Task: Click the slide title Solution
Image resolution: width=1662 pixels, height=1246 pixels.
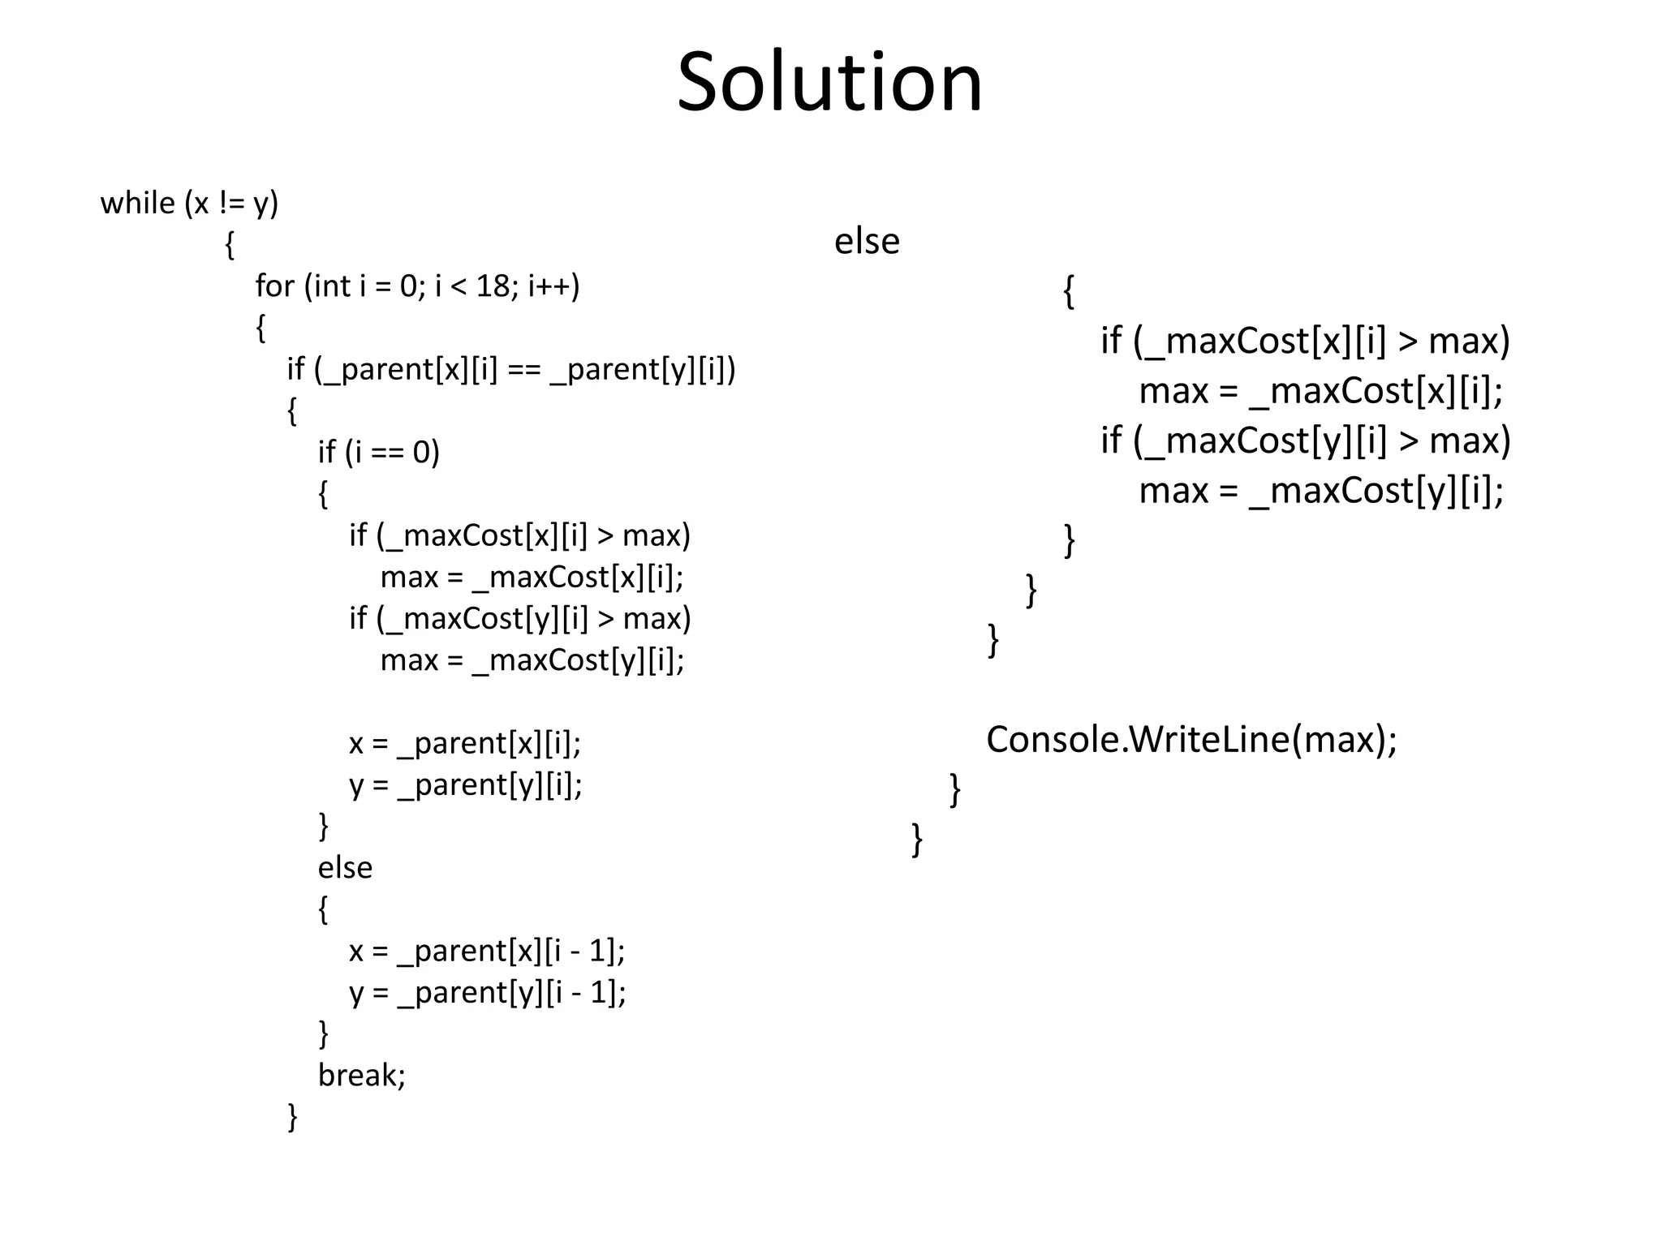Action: tap(829, 82)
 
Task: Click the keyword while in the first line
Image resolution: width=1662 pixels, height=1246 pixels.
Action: tap(137, 203)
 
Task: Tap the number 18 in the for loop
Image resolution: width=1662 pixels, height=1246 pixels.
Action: tap(493, 286)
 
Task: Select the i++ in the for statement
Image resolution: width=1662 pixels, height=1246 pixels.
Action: tap(553, 286)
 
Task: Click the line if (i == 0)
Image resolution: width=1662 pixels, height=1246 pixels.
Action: tap(378, 452)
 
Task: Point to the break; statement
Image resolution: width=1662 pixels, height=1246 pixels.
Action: tap(361, 1075)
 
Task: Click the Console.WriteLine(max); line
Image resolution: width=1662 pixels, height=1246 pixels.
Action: tap(1191, 739)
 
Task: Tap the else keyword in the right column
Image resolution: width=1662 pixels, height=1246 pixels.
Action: tap(867, 241)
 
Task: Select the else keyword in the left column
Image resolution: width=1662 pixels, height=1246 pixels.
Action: tap(345, 867)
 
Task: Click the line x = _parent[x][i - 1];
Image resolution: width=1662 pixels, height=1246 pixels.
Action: tap(487, 951)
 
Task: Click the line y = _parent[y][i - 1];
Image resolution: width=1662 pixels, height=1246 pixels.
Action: tap(487, 992)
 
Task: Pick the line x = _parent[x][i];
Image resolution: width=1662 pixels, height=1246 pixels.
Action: tap(465, 743)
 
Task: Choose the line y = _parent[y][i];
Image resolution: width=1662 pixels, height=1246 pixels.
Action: tap(466, 784)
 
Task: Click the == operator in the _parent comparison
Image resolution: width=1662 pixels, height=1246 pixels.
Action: tap(523, 369)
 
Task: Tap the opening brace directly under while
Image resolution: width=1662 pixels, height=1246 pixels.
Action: tap(230, 245)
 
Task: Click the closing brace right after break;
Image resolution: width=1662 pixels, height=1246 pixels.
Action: tap(293, 1117)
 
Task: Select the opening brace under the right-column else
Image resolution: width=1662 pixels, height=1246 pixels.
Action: tap(1069, 292)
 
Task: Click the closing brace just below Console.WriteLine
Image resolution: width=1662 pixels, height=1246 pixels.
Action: tap(955, 789)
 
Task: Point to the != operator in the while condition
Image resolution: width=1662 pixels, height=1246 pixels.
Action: tap(231, 203)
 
